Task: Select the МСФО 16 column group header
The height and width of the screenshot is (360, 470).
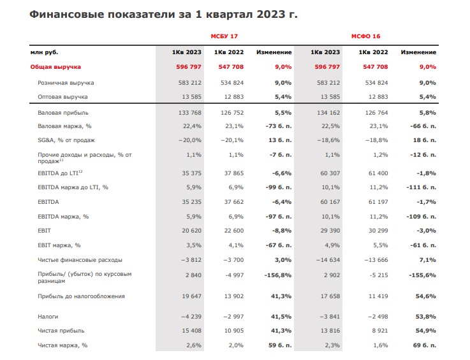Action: tap(366, 36)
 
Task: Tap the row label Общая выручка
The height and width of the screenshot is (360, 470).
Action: tap(55, 67)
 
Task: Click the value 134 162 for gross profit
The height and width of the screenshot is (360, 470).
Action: tap(325, 112)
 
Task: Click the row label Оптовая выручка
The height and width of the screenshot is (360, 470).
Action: tap(62, 97)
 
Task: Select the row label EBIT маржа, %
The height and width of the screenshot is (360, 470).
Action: tap(60, 245)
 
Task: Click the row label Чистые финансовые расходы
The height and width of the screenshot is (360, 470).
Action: tap(80, 260)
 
